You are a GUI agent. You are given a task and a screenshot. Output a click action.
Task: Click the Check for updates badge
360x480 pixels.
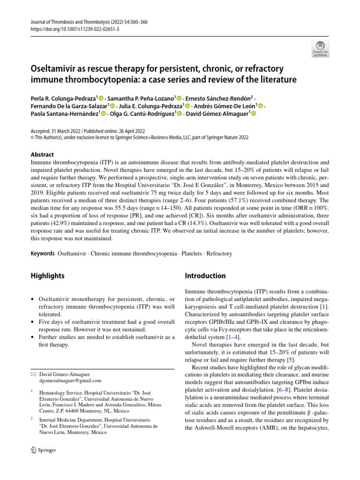tap(320, 48)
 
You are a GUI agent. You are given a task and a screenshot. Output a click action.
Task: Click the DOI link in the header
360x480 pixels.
tap(68, 29)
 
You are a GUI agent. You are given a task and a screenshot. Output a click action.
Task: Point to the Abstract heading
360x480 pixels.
tap(42, 155)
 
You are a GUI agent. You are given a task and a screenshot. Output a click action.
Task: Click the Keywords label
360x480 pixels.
tap(43, 254)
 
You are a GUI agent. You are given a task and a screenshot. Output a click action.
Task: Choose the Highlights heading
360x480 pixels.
tap(47, 276)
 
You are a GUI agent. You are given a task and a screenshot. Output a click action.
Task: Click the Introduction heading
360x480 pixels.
tap(205, 276)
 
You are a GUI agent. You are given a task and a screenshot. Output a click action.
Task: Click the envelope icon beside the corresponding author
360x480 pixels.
tap(32, 375)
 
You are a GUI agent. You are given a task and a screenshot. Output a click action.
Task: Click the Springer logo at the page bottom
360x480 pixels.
tap(43, 450)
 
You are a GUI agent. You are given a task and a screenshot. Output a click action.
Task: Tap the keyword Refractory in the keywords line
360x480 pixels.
tap(219, 254)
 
